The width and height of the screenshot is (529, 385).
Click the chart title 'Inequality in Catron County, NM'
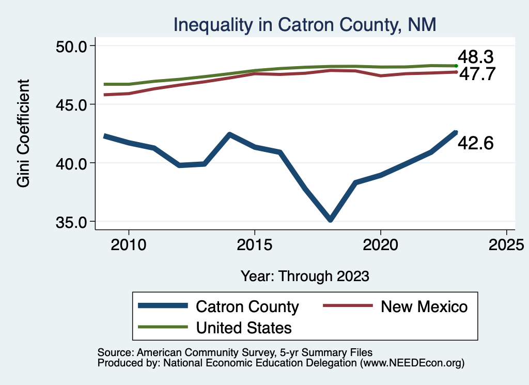pos(305,24)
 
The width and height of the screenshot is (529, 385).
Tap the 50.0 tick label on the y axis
pos(72,46)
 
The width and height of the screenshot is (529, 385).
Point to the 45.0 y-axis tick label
pos(72,104)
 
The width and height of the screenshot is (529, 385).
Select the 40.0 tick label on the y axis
pos(72,163)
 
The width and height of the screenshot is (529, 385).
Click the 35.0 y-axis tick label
pos(72,222)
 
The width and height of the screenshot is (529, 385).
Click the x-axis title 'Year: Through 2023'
pos(305,276)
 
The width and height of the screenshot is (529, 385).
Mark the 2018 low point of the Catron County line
pos(330,220)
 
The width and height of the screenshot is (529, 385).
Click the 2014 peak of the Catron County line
pos(229,135)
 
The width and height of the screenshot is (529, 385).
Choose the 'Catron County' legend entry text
pos(247,306)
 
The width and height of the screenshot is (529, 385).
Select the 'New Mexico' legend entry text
pos(424,306)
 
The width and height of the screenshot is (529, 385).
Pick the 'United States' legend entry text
pos(243,328)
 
